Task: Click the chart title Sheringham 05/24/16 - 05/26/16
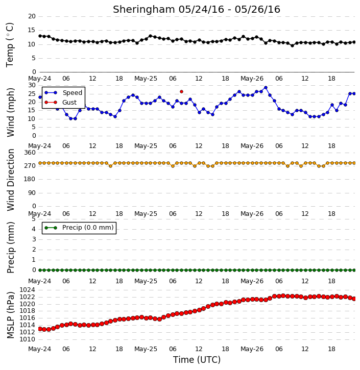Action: tap(197, 10)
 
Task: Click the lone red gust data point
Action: tap(181, 91)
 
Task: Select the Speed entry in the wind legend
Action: tap(63, 93)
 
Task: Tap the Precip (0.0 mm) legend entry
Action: tap(79, 228)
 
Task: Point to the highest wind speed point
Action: tap(266, 88)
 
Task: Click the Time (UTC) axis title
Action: tap(197, 360)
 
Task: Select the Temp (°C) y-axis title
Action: tap(10, 45)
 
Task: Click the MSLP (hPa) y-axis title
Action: tap(10, 315)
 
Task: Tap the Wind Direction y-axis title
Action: tap(10, 180)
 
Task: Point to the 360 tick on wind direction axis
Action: tap(30, 153)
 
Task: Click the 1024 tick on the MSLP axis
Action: tap(28, 290)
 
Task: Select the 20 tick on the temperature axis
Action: tap(32, 16)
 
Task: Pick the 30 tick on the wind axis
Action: tap(32, 85)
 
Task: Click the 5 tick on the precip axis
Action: tap(34, 219)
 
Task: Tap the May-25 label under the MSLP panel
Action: tap(146, 349)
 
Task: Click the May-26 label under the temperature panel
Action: tap(252, 79)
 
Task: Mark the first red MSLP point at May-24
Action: tap(40, 329)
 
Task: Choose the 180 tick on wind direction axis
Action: tap(30, 179)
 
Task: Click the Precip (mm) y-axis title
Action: tap(10, 248)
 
